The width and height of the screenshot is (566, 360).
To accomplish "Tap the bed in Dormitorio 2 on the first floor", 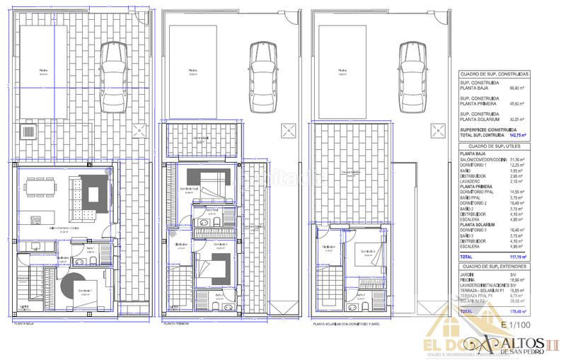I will pos(214,266).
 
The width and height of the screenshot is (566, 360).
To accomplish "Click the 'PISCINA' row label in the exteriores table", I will pos(469,279).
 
